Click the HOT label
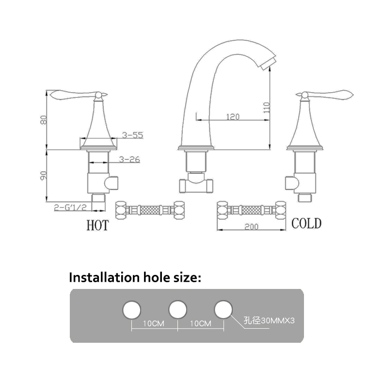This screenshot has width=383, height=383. (x=97, y=225)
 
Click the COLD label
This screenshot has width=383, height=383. (x=306, y=223)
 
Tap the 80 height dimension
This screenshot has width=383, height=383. (x=44, y=120)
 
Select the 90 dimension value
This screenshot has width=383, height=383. (x=44, y=176)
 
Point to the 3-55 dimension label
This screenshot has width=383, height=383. (x=132, y=135)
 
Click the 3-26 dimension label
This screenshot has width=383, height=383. (x=129, y=159)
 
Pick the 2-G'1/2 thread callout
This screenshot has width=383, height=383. (x=70, y=207)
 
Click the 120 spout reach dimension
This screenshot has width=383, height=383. (x=233, y=116)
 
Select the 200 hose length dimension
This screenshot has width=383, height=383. (x=251, y=227)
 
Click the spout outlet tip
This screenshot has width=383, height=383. (x=268, y=64)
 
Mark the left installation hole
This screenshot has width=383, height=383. (x=132, y=310)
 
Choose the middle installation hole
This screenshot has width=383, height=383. (x=178, y=310)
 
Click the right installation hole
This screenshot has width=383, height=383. (x=223, y=310)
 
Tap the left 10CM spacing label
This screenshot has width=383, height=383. (x=154, y=323)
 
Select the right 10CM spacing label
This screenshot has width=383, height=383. (x=201, y=323)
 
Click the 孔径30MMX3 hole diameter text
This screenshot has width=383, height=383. (x=269, y=320)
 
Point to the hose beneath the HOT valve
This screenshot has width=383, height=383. (x=150, y=210)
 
